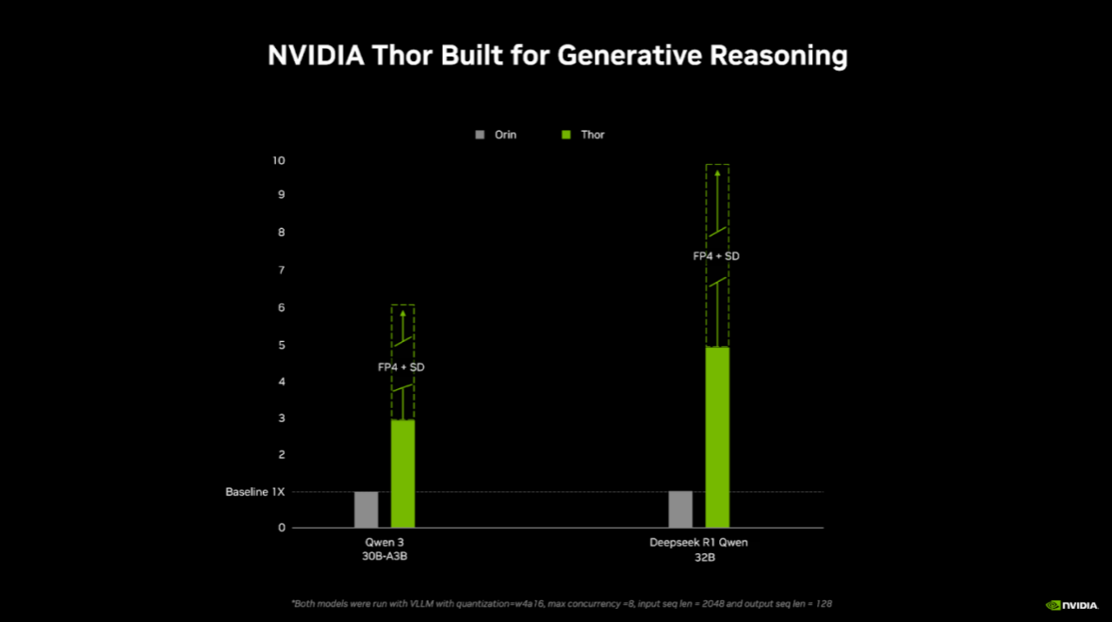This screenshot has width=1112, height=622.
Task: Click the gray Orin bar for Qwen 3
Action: (366, 510)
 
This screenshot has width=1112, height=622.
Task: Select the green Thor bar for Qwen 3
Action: (402, 473)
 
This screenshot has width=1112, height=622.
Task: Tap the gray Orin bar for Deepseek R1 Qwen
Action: (679, 510)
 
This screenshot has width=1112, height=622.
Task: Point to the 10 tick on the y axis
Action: (278, 160)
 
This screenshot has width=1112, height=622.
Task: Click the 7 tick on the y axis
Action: (280, 270)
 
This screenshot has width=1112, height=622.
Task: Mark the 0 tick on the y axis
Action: (281, 528)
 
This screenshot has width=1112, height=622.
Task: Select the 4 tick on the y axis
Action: (280, 382)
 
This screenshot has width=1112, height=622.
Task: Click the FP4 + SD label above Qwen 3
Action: (401, 367)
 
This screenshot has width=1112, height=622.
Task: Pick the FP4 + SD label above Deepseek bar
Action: (716, 255)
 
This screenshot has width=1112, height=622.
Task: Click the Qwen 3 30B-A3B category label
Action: (384, 549)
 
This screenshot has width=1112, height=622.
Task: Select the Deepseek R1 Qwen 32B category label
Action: (698, 549)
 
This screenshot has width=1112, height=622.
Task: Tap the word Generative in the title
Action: (630, 56)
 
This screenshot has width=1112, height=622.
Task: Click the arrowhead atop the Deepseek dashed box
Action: (717, 172)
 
